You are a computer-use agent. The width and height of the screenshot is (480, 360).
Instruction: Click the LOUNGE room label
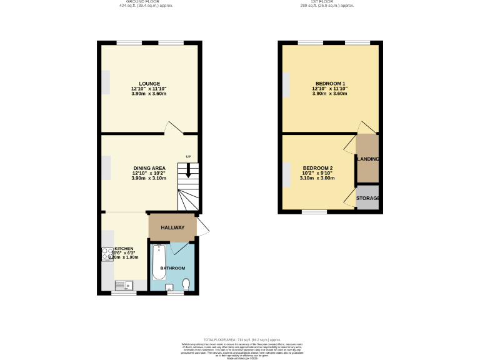click(x=149, y=84)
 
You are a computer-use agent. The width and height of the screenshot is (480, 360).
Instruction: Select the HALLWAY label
click(x=172, y=227)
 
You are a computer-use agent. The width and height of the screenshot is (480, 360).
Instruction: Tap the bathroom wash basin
click(x=169, y=288)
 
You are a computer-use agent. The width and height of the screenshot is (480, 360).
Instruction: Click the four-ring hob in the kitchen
click(x=106, y=254)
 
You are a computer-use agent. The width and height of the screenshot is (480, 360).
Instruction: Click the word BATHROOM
click(x=172, y=268)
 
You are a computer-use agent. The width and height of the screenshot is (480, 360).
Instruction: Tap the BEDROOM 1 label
click(x=330, y=84)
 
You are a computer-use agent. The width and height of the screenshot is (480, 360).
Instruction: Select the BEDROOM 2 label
click(x=317, y=168)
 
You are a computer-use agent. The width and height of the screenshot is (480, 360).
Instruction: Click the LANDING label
click(x=367, y=159)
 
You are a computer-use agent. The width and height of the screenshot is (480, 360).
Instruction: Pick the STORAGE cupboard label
click(x=367, y=198)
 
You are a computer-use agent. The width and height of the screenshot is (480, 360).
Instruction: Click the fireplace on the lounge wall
click(x=106, y=83)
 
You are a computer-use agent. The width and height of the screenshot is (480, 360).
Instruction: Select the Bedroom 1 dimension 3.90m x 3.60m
click(x=330, y=94)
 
